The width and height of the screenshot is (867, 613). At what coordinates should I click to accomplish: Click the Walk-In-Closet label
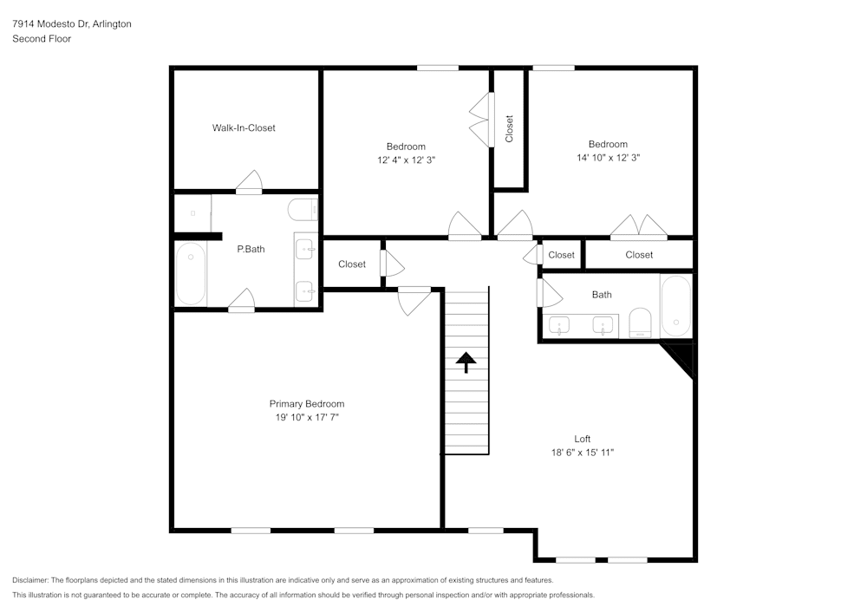point(244,128)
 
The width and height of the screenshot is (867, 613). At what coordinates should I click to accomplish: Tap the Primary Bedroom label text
point(306,404)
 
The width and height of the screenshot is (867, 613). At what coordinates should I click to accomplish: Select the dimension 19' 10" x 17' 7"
point(306,418)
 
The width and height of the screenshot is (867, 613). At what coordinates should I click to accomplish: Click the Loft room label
point(582,439)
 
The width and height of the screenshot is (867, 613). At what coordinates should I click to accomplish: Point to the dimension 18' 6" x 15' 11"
point(582,453)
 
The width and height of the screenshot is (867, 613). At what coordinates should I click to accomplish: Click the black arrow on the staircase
point(466,362)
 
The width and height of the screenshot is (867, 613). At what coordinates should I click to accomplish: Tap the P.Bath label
point(251,250)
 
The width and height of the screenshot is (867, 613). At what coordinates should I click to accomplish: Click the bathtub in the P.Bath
point(191,273)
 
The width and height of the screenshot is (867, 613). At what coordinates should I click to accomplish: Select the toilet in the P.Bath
point(303,210)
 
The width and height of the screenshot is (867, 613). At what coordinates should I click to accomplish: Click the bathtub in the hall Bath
point(675,307)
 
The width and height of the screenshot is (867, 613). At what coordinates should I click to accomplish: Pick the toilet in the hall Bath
point(640,323)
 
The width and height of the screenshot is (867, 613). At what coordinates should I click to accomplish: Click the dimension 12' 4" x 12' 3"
point(406,160)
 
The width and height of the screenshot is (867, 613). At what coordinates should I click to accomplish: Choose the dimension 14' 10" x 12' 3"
point(608,158)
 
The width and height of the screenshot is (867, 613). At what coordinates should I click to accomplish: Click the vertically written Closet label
point(509,128)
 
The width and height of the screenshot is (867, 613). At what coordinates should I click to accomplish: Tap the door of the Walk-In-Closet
point(249,181)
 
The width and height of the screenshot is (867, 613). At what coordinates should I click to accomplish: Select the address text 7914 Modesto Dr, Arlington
point(72,24)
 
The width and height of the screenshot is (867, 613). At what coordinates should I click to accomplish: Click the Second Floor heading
point(42,39)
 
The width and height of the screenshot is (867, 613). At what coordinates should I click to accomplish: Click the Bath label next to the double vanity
point(602,295)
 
